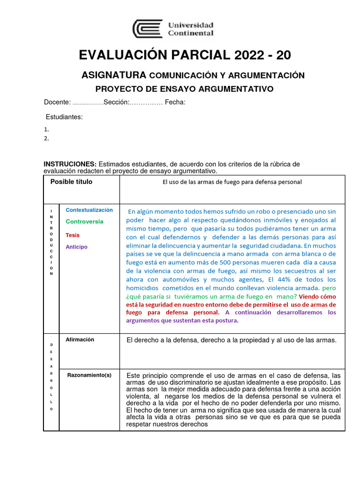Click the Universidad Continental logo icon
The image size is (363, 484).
(147, 28)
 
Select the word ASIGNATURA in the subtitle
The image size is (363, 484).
(113, 75)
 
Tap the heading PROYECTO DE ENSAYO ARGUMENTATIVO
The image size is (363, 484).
(184, 89)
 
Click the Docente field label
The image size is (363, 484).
(57, 103)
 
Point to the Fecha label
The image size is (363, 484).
(175, 103)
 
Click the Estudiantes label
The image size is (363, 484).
(64, 117)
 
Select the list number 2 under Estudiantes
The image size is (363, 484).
(46, 138)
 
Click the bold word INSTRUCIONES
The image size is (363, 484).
(70, 164)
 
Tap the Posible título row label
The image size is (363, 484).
(71, 182)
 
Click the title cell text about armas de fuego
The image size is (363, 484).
(232, 182)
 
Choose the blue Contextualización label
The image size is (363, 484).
(89, 210)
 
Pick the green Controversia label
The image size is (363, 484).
(85, 222)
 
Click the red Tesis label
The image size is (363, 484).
(73, 235)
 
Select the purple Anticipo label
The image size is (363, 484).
(77, 247)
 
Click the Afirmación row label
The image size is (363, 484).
(80, 339)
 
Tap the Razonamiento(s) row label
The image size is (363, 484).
(89, 375)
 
